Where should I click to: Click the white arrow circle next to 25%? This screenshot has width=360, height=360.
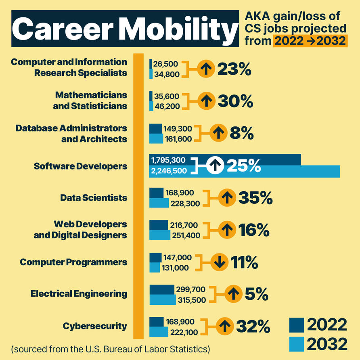coord(216,165)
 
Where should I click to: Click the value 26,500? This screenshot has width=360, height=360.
coord(165,64)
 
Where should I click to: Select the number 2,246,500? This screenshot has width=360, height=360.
coord(169,171)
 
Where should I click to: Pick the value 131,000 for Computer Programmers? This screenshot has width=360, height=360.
coord(176,267)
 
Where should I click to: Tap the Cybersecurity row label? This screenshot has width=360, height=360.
coord(95,326)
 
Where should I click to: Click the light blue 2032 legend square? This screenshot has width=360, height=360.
coord(297,344)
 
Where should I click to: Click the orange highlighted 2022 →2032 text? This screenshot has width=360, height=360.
coord(310,41)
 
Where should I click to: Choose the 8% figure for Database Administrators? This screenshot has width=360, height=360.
coord(241,133)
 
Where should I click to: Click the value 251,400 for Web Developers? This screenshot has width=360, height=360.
coord(186,235)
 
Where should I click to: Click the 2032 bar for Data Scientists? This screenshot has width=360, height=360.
coord(159,203)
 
